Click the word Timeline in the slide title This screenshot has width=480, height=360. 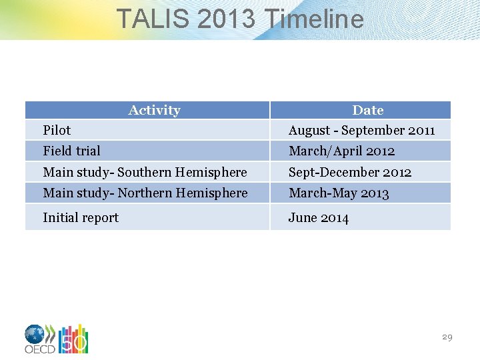coord(314,19)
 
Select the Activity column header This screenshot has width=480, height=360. coord(154,110)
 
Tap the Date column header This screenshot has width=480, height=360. coord(367,110)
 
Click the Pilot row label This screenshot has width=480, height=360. coord(57,130)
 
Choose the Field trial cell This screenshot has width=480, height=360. coord(71,151)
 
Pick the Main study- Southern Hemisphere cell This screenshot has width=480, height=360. coord(145,172)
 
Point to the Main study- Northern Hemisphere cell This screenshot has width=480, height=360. coord(145,193)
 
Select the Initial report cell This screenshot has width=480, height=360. coord(81,217)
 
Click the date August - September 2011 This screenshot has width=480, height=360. coord(361,130)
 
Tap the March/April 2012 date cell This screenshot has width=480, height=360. coord(341,151)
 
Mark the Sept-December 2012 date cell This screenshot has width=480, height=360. coord(350,172)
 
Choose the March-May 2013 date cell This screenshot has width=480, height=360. coord(339,193)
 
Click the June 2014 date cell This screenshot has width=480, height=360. coord(318,217)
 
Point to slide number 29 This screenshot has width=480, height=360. coord(447,337)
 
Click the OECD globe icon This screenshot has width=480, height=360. coord(35,334)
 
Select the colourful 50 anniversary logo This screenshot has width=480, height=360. coord(73,339)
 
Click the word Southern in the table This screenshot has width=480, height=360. coord(145,172)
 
